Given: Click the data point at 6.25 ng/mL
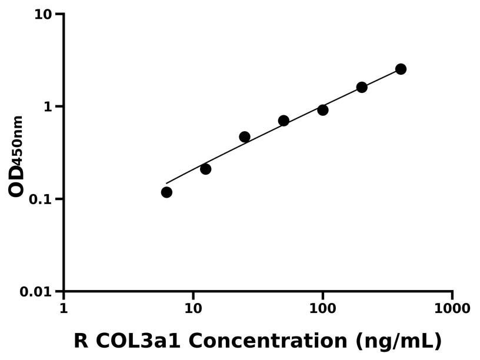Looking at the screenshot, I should click(x=166, y=192).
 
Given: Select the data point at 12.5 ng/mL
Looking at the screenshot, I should click(x=205, y=169).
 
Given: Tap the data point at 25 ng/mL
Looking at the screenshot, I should click(x=245, y=137).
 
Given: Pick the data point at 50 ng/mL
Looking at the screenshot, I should click(x=284, y=121).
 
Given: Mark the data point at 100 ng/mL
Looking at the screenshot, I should click(x=323, y=110).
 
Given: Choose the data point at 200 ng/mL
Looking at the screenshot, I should click(x=362, y=88).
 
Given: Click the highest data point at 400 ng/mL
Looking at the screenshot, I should click(x=401, y=69).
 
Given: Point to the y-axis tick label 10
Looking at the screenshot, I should click(x=43, y=14).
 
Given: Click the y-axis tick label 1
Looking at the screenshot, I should click(x=49, y=107).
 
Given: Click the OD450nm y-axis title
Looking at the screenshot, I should click(x=16, y=156).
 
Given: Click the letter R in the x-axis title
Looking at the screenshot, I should click(x=81, y=341).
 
